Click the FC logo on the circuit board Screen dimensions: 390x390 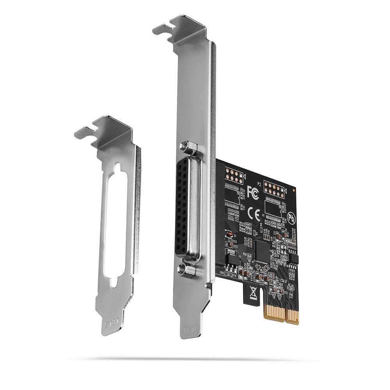pyautogui.click(x=253, y=192)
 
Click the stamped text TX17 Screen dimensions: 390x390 pyautogui.click(x=191, y=329)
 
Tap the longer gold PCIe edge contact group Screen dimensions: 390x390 pyautogui.click(x=292, y=314)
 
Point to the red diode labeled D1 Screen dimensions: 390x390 pyautogui.click(x=230, y=234)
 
